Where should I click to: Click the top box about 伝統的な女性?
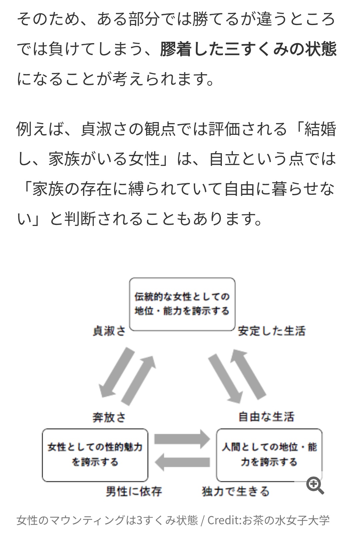click(182, 304)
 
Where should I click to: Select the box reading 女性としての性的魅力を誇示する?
click(95, 455)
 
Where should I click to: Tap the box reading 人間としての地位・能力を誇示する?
click(269, 455)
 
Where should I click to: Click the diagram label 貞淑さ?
click(109, 331)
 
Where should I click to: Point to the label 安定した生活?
click(272, 331)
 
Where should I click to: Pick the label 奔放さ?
click(109, 417)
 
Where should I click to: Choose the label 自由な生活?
click(267, 417)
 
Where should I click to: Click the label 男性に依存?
click(134, 491)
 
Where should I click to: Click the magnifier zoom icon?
click(315, 485)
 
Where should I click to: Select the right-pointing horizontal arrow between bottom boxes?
click(182, 439)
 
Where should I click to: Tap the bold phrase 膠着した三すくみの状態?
click(248, 49)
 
